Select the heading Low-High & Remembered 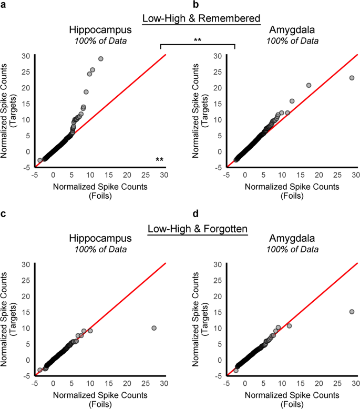(201, 19)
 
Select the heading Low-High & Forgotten (198, 229)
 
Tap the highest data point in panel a (101, 59)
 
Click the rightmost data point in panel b (352, 78)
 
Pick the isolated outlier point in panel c (154, 328)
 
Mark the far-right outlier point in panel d (352, 312)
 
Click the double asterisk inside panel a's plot (159, 160)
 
